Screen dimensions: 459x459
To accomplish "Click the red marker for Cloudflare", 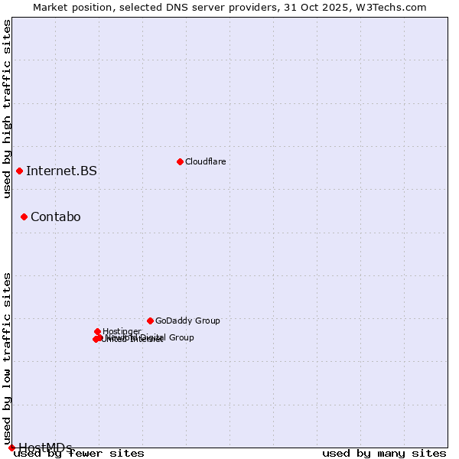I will coord(180,161).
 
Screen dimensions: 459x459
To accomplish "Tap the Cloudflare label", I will coord(205,161).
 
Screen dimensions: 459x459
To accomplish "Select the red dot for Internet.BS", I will coord(19,171).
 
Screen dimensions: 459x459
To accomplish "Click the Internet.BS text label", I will coord(61,171).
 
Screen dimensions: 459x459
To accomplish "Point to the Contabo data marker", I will coord(24,217).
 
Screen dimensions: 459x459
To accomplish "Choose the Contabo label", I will coord(55,217).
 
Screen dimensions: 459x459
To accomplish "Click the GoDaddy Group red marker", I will coord(150,321).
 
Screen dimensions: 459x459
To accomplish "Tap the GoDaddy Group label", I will coord(187,321).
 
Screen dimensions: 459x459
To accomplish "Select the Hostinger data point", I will coord(98,331).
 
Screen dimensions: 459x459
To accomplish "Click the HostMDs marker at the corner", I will coord(11,448).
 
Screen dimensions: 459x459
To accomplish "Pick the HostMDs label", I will coord(45,448).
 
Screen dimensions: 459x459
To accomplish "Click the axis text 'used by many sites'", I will coord(384,453).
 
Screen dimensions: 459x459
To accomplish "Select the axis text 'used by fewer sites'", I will coord(80,453).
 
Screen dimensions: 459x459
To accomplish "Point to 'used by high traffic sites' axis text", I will coord(7,109).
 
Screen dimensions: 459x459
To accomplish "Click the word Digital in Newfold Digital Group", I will coord(155,337).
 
